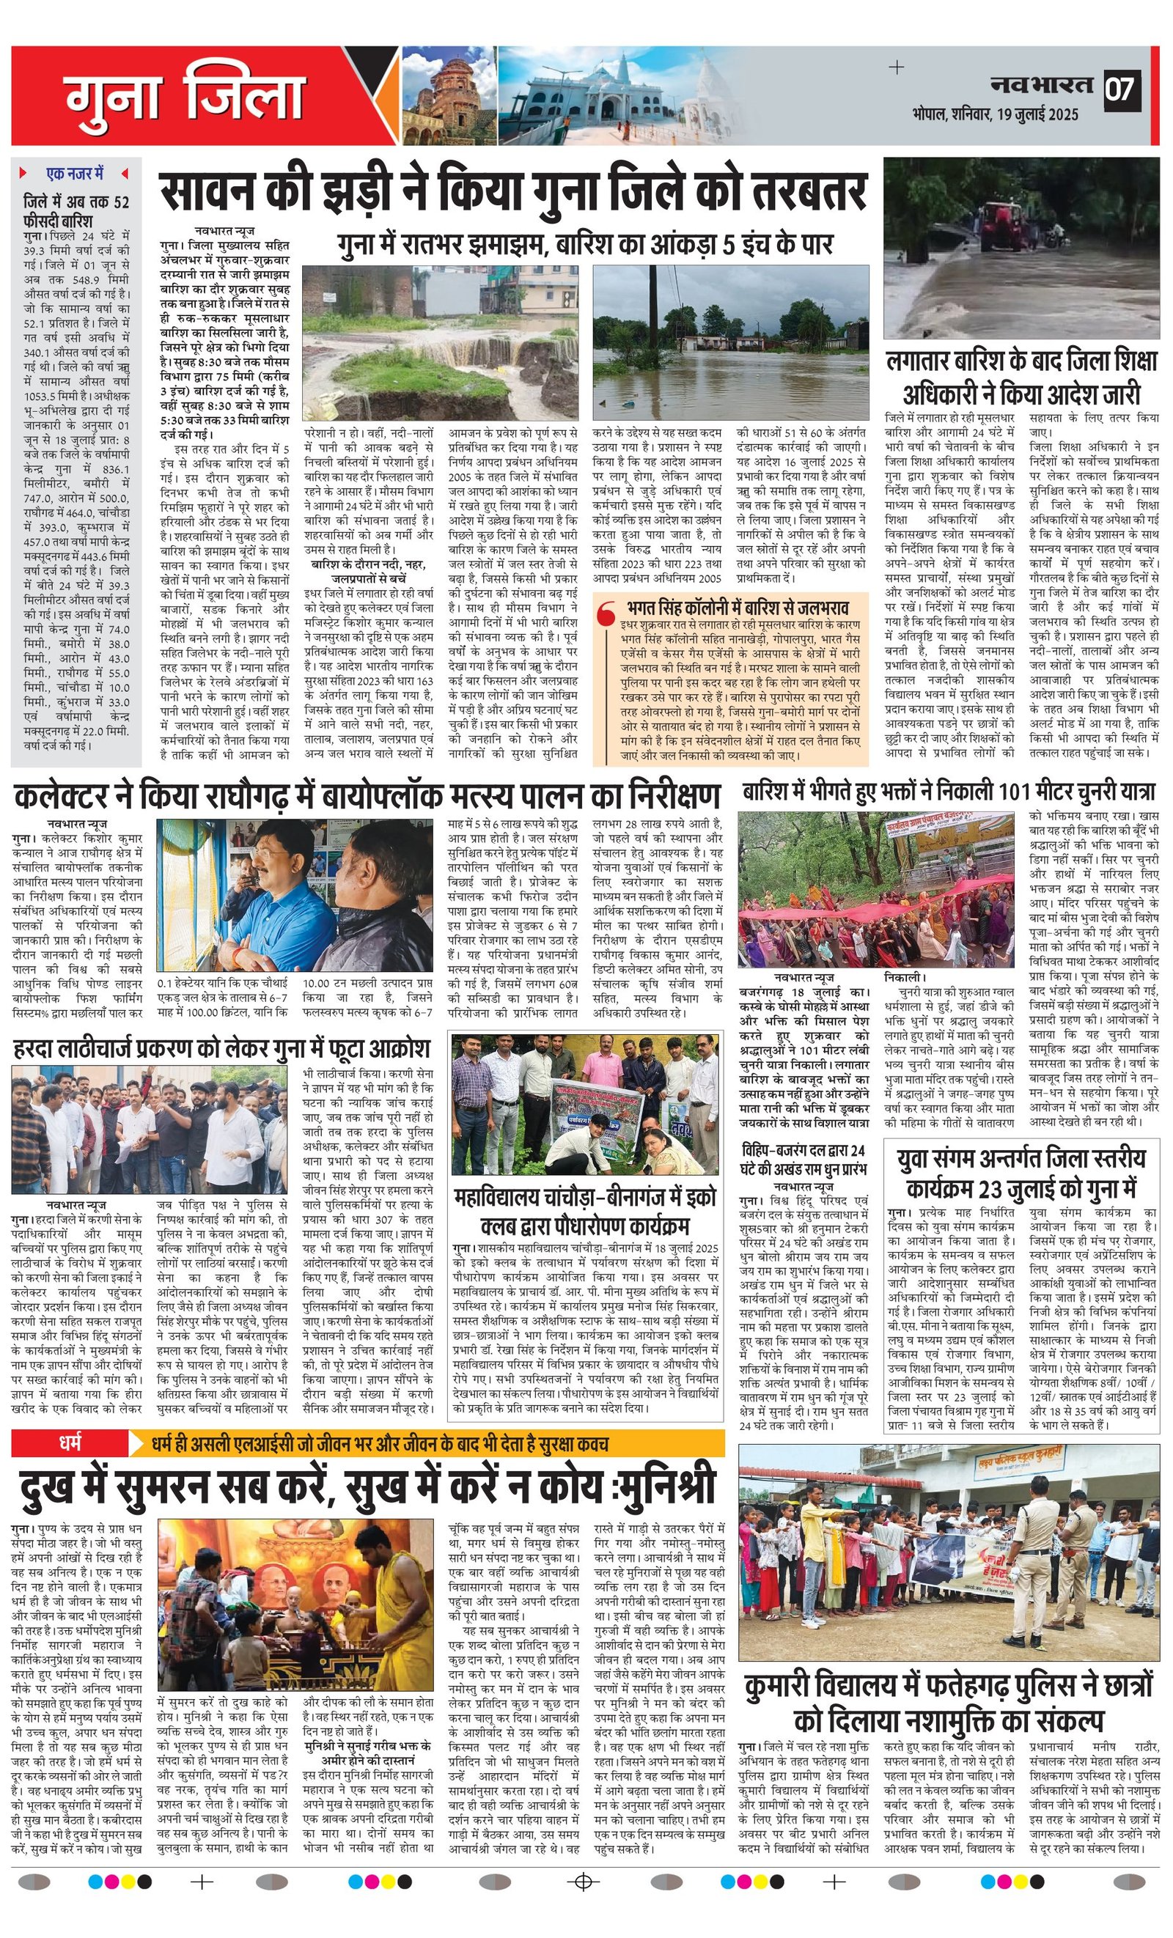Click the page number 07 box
(1121, 87)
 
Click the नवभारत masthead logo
(1042, 84)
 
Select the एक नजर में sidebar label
(75, 173)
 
